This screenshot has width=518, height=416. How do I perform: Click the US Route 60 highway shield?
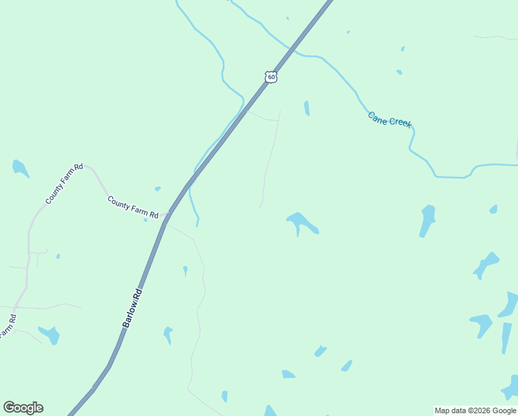(x=271, y=77)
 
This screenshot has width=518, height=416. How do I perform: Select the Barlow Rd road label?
(x=132, y=308)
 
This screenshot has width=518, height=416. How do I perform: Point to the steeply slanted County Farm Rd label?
(x=64, y=184)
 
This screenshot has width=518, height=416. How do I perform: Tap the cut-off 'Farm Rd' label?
(x=7, y=327)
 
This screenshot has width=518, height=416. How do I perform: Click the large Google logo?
(x=23, y=408)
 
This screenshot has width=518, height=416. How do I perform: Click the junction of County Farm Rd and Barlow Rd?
(x=166, y=220)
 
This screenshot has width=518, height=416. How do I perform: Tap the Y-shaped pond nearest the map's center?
(x=302, y=223)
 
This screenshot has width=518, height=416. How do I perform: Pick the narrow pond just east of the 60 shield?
(x=306, y=108)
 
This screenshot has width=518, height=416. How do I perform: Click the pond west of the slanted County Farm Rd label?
(x=19, y=168)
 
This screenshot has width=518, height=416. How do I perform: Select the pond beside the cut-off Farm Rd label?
(x=50, y=335)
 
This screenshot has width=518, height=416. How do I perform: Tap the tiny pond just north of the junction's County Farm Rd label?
(x=157, y=189)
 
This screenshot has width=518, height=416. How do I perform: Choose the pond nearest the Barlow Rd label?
(x=167, y=335)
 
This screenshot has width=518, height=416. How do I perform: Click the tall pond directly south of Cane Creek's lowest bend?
(x=427, y=220)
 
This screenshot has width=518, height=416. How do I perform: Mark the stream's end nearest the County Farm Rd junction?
(x=197, y=225)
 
